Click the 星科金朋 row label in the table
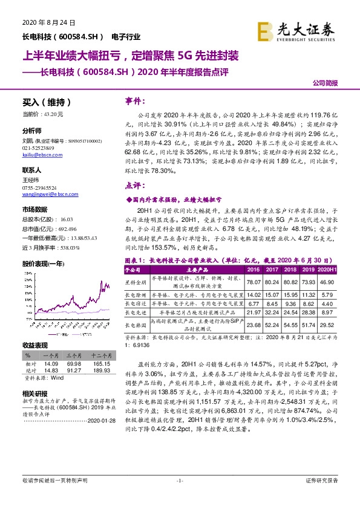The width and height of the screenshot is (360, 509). point(136,265)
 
